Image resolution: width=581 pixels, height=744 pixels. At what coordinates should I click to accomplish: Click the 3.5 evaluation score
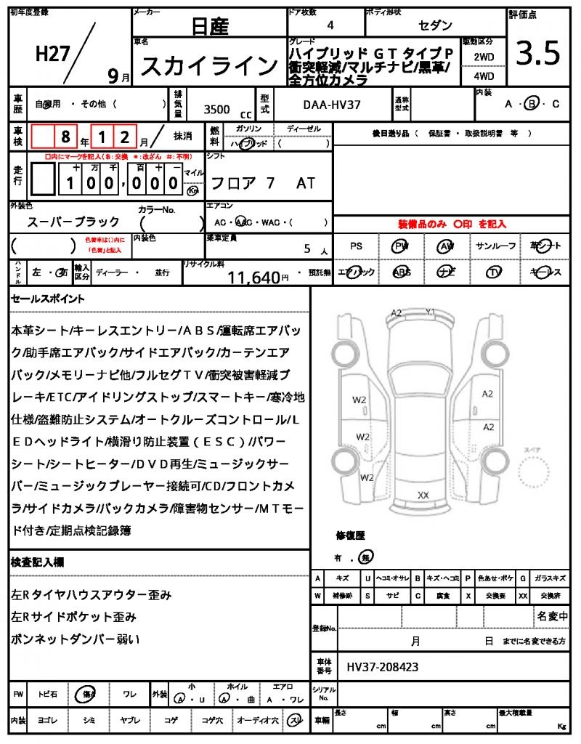click(x=538, y=54)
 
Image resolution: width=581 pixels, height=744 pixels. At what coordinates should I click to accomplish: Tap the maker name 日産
click(x=209, y=27)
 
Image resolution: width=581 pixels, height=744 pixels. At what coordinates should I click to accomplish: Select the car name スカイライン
click(x=209, y=67)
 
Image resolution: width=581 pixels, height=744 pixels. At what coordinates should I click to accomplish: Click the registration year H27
click(x=52, y=53)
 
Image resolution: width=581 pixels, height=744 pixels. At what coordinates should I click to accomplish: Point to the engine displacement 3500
click(x=216, y=109)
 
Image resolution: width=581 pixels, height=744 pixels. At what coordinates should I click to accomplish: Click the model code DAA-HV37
click(x=331, y=105)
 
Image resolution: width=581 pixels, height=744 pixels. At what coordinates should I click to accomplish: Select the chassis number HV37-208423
click(x=382, y=666)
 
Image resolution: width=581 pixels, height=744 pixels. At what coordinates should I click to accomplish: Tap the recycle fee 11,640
click(x=253, y=277)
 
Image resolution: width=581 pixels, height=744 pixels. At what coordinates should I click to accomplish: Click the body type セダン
click(x=434, y=25)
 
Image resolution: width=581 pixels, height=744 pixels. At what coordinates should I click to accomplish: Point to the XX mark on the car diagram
click(x=423, y=495)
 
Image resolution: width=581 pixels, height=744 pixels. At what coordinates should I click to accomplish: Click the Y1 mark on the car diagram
click(x=431, y=312)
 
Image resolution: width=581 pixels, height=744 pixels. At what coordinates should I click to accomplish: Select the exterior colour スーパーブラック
click(x=72, y=222)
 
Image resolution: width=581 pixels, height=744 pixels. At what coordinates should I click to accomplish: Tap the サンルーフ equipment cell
click(x=495, y=246)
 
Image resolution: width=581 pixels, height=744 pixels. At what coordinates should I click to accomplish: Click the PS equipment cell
click(x=356, y=246)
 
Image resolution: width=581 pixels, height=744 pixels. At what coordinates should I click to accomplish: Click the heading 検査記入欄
click(x=38, y=562)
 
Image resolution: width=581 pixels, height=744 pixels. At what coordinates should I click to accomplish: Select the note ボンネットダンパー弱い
click(x=76, y=639)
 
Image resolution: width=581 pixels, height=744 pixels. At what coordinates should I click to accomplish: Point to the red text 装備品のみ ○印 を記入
click(x=452, y=225)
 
